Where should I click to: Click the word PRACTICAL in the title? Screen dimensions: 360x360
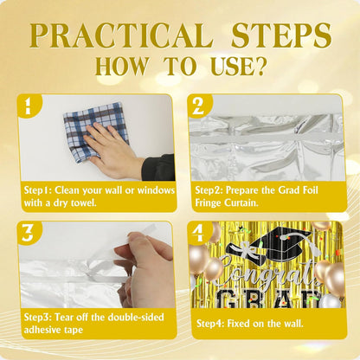(121, 35)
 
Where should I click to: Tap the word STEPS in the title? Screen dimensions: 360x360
(281, 35)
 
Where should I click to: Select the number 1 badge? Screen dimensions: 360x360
(29, 106)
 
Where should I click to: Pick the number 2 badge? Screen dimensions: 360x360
(198, 106)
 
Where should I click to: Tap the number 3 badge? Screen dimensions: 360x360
(29, 233)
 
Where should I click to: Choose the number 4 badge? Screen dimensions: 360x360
(198, 233)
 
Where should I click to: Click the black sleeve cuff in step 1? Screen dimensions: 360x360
(158, 168)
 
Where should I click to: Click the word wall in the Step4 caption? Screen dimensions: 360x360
(293, 324)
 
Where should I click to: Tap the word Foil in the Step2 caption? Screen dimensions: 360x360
(308, 190)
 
